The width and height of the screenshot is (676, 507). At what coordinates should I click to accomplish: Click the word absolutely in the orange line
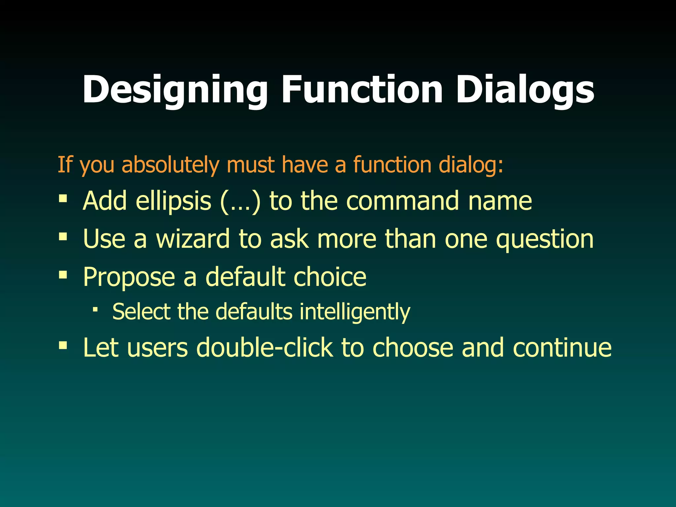click(170, 165)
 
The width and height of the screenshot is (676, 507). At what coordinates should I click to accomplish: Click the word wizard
click(193, 239)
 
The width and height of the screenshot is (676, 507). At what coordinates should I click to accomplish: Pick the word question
click(545, 239)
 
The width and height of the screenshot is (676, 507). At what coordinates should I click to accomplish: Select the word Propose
click(129, 277)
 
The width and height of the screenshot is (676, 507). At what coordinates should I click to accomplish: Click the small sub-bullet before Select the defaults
click(95, 309)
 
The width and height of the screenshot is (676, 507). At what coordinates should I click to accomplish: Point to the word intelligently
click(355, 312)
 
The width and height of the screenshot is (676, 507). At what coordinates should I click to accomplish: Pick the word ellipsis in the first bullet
click(173, 201)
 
